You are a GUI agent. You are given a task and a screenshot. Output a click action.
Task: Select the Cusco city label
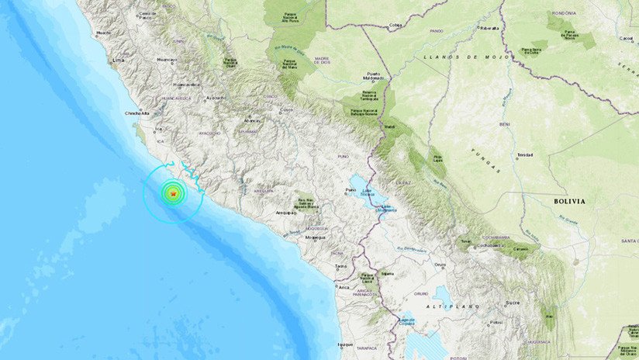[x=288, y=109]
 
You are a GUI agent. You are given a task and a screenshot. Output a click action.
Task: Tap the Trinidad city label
[x=525, y=154]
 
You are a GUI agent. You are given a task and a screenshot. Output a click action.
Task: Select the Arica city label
[x=342, y=286]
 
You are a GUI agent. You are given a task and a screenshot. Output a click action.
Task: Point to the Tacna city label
[x=340, y=266]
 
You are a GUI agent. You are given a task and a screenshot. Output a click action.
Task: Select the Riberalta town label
[x=490, y=28]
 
